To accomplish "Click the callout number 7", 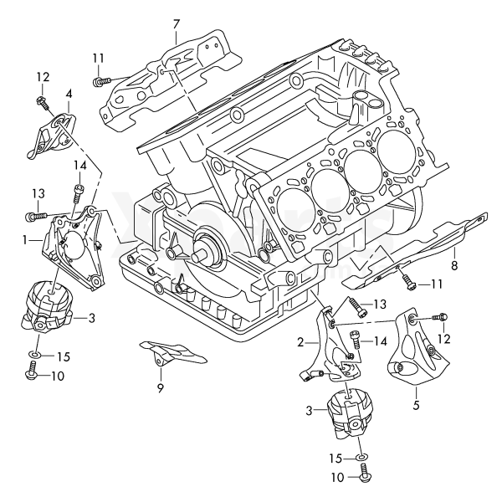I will [176, 23].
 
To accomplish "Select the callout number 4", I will [69, 94].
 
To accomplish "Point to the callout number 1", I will [28, 238].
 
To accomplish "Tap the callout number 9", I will [159, 388].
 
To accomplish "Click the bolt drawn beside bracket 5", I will [442, 317].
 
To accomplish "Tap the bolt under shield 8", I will [408, 284].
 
